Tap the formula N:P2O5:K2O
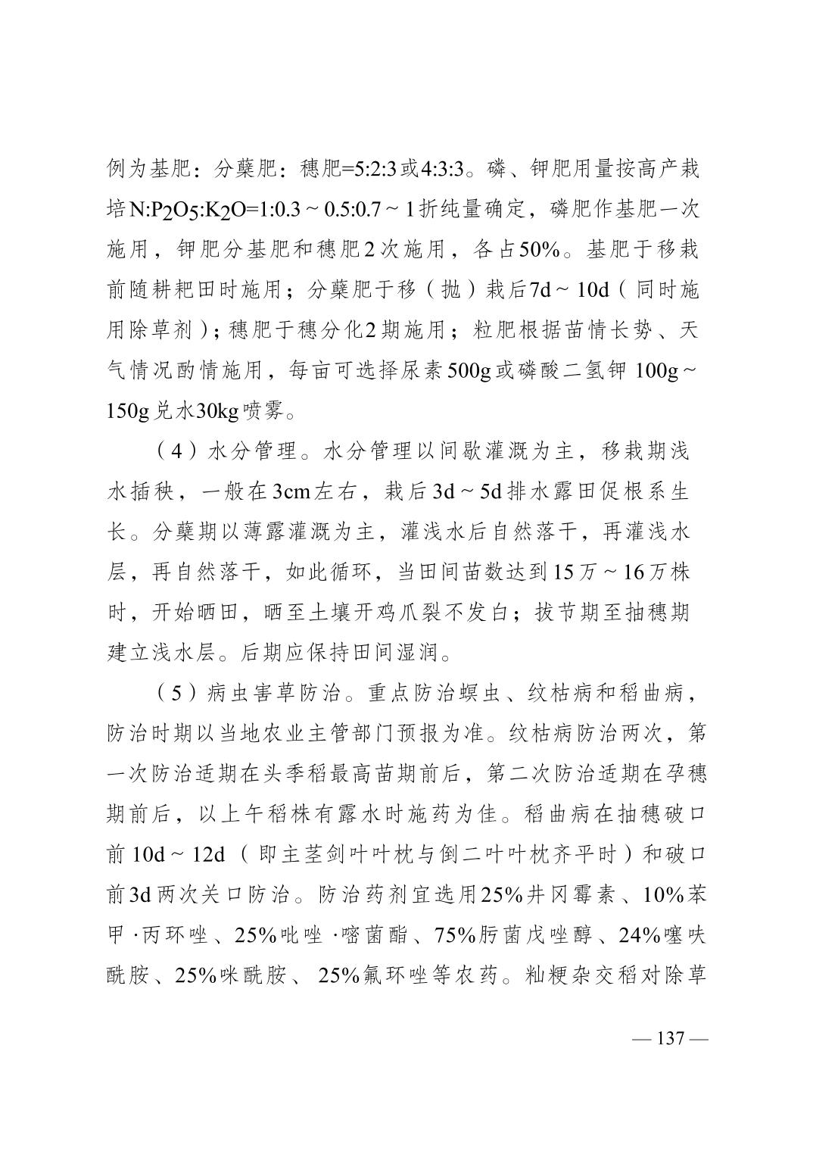click(179, 209)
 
